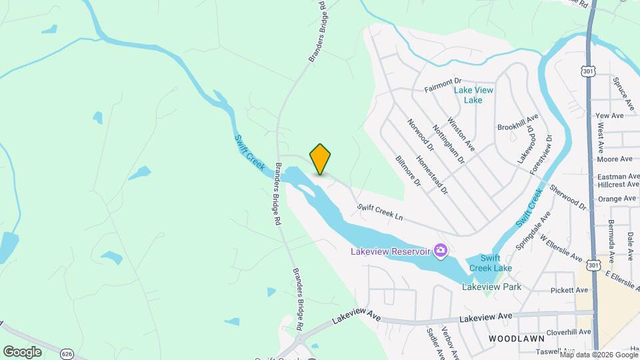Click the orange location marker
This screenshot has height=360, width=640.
(320, 159)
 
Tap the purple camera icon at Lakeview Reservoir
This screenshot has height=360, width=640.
(440, 251)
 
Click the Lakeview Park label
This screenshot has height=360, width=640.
(491, 287)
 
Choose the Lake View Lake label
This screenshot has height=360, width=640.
(473, 95)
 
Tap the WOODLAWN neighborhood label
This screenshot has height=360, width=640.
(512, 339)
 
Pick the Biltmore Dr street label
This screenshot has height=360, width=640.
(409, 171)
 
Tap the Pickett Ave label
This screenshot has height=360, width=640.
(570, 290)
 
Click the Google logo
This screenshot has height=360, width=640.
(22, 351)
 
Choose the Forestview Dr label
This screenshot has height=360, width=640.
(541, 155)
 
